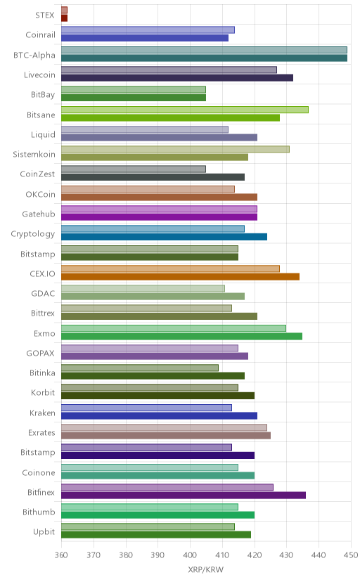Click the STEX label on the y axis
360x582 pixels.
point(45,15)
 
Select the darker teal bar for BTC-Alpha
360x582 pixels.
point(204,58)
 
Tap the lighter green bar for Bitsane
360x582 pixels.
point(185,110)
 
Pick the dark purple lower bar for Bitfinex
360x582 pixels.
point(184,495)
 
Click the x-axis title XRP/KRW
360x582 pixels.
point(205,569)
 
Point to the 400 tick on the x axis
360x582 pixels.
point(190,555)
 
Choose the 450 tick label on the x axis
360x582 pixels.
point(351,555)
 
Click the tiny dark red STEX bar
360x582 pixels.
point(64,18)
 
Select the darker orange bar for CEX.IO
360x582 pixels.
point(181,276)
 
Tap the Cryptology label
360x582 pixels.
point(32,234)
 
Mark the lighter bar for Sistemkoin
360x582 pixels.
point(175,149)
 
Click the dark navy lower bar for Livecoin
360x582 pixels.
point(177,77)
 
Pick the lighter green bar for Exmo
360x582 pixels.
point(174,328)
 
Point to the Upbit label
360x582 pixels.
point(44,532)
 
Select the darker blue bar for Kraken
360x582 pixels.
point(159,415)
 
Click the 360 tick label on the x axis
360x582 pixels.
point(61,555)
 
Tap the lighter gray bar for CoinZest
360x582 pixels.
point(134,169)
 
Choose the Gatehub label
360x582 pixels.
point(39,214)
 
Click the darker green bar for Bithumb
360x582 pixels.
point(157,515)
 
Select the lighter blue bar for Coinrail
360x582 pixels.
point(148,30)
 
